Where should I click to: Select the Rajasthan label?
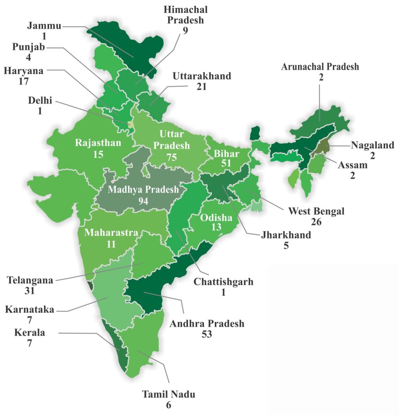point(98,142)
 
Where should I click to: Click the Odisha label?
point(216,218)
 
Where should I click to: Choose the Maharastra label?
point(111,232)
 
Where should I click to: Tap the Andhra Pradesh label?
point(207,324)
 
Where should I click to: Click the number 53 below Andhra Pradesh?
point(207,334)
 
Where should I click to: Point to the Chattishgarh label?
point(223,281)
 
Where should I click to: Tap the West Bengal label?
point(316,210)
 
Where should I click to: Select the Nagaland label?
point(372,145)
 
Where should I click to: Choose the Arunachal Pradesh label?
point(320,66)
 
